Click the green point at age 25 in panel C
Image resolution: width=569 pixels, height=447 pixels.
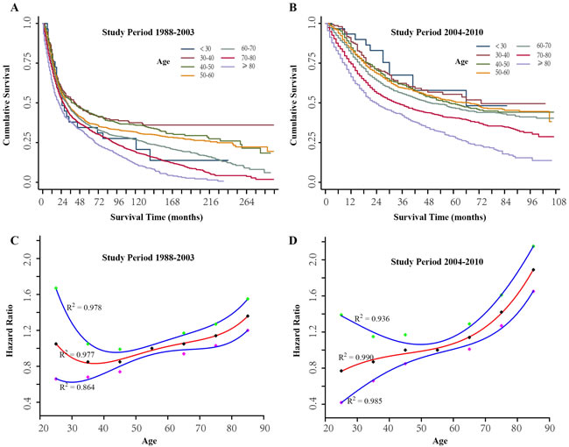tap(56, 287)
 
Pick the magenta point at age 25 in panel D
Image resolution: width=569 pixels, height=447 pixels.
tap(341, 402)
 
